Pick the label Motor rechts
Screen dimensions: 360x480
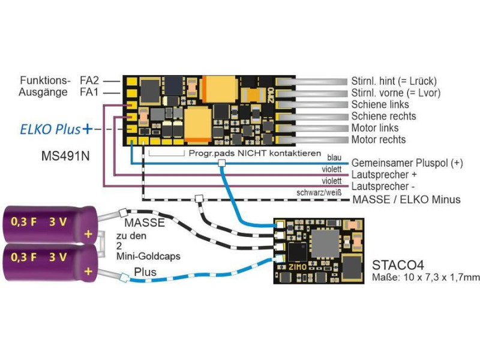[x=379, y=140]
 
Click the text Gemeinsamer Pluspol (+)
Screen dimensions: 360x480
[x=407, y=163]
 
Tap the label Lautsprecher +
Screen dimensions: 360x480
[x=384, y=175]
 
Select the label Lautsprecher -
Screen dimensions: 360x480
[x=383, y=187]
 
